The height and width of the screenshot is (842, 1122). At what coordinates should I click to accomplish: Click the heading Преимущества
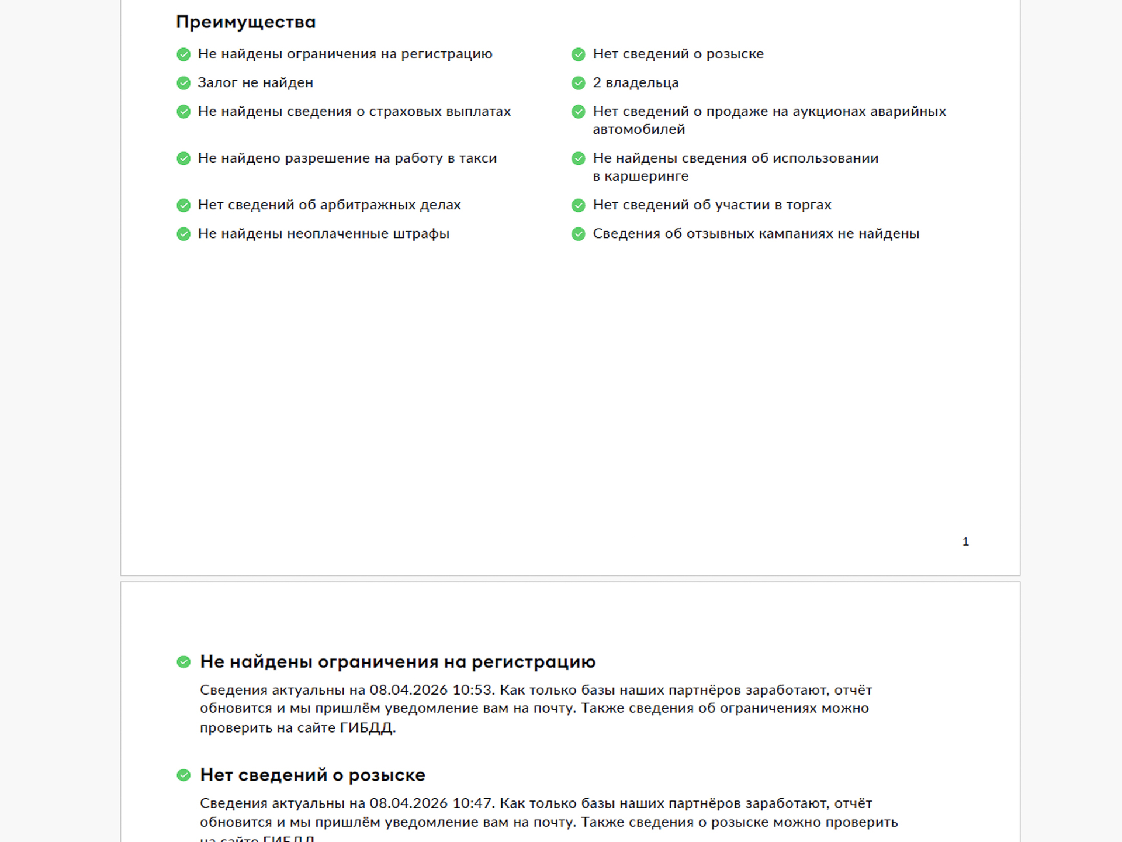[x=245, y=22]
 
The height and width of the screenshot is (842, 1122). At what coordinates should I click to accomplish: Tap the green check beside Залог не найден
[x=183, y=83]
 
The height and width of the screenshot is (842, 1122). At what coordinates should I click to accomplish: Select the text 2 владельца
[x=635, y=83]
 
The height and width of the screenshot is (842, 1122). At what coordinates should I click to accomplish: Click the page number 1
[x=965, y=542]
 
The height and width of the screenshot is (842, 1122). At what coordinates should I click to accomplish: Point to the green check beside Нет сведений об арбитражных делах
[x=183, y=205]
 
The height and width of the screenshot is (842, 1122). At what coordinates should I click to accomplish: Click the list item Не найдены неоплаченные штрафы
[x=323, y=234]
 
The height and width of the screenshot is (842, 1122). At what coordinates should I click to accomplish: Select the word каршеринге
[x=646, y=177]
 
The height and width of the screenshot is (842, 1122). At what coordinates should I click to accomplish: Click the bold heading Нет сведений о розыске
[x=313, y=775]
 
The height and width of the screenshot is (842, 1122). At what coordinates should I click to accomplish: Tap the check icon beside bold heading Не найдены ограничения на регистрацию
[x=183, y=662]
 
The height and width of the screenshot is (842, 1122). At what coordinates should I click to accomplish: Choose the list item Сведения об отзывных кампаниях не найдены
[x=756, y=234]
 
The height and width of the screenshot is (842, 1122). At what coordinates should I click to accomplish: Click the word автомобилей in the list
[x=639, y=130]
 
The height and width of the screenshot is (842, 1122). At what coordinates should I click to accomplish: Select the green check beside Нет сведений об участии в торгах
[x=579, y=205]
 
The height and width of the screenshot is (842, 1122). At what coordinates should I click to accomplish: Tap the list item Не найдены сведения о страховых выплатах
[x=354, y=112]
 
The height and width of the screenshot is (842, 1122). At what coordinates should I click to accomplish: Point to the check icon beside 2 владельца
[x=579, y=83]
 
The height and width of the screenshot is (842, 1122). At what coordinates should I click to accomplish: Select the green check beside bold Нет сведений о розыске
[x=183, y=775]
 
